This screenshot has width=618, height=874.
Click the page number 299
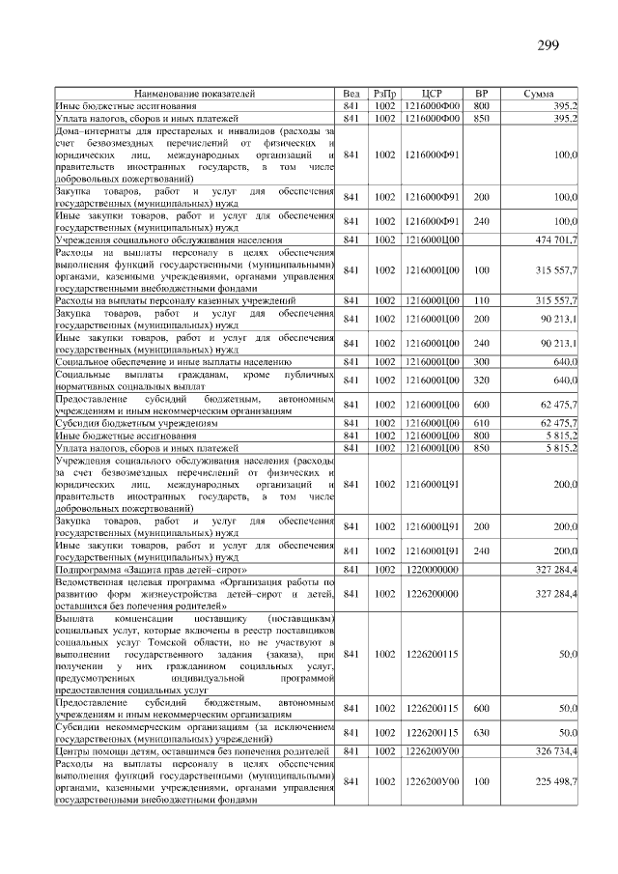click(548, 46)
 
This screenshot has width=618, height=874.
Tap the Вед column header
click(351, 94)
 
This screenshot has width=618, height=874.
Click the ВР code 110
click(482, 301)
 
